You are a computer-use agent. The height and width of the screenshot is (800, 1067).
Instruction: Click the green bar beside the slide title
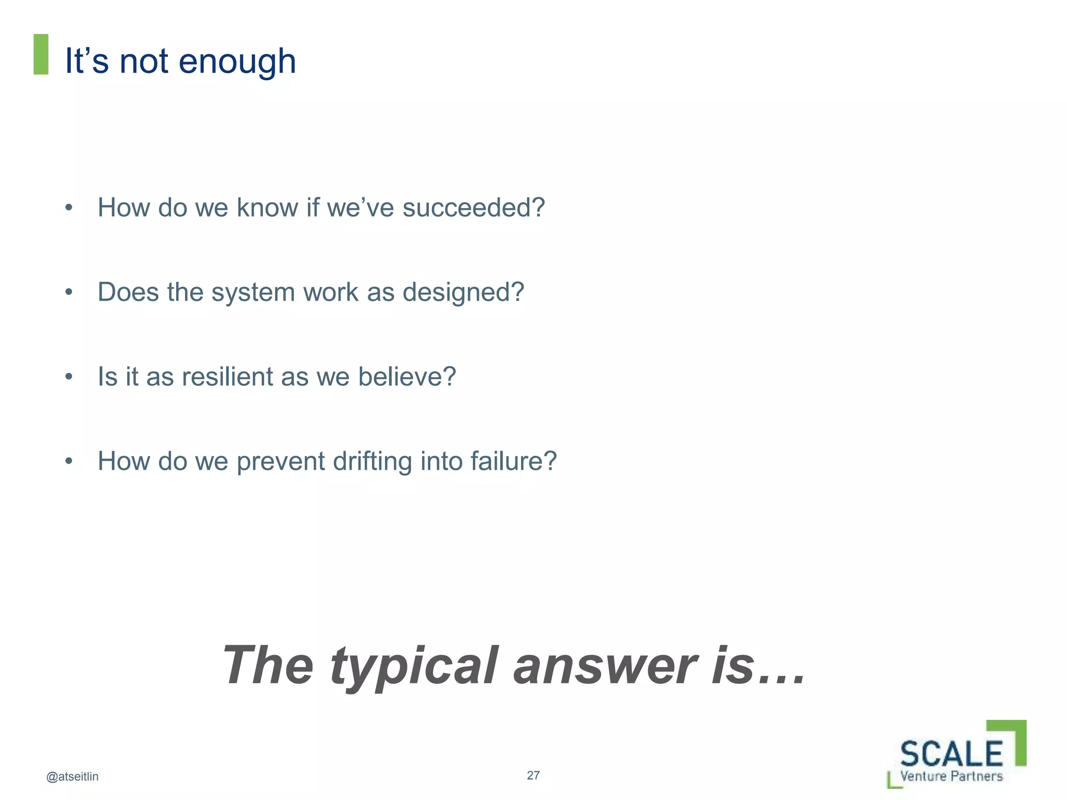click(41, 54)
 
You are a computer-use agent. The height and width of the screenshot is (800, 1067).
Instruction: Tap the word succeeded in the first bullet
click(473, 207)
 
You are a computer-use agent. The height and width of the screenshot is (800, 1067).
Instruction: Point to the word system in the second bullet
click(253, 293)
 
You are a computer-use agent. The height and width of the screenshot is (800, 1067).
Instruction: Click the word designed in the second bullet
click(463, 293)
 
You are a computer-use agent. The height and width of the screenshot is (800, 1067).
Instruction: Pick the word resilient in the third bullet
click(227, 377)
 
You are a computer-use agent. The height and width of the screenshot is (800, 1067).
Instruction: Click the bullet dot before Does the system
click(69, 293)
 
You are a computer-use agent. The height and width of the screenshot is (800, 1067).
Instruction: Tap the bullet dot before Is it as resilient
click(69, 377)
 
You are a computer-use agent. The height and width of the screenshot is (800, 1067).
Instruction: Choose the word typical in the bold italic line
click(414, 667)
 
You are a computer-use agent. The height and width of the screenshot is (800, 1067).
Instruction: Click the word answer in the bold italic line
click(604, 666)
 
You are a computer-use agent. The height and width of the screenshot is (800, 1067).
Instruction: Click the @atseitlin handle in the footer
click(72, 777)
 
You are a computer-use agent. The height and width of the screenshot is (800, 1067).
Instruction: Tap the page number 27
click(533, 775)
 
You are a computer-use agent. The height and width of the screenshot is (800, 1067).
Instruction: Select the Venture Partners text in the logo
click(951, 776)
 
